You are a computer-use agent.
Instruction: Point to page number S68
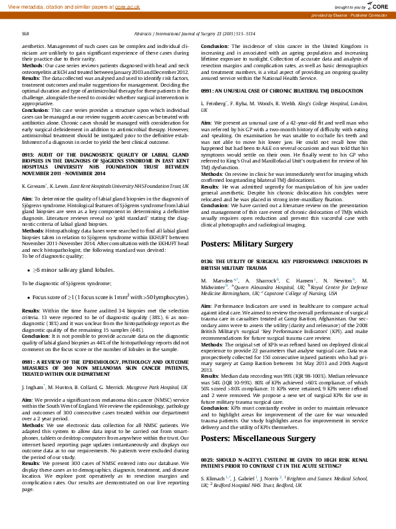point(25,32)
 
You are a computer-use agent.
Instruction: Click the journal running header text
point(198,32)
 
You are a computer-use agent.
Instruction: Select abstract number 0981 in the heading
point(30,360)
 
